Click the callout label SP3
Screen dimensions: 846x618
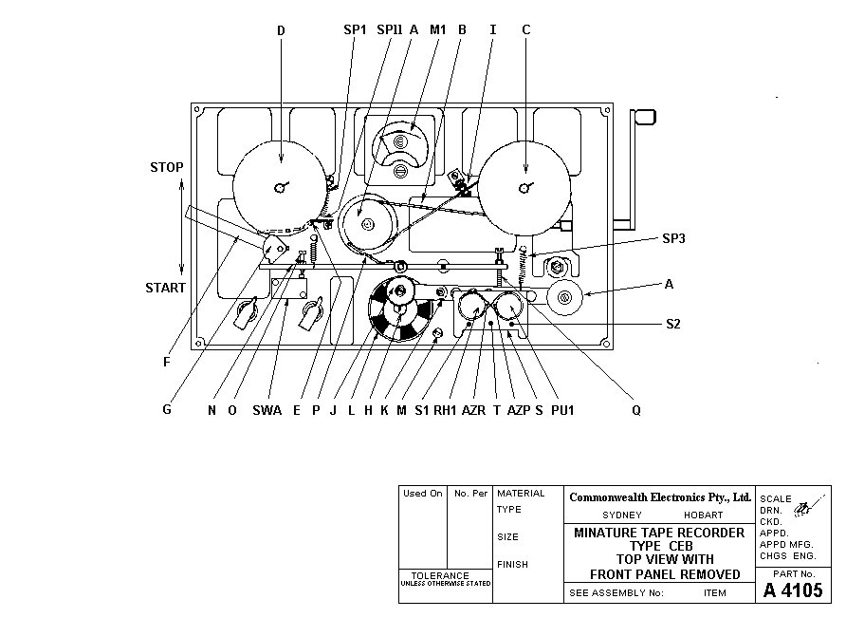tap(673, 238)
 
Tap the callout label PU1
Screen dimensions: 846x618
tap(562, 410)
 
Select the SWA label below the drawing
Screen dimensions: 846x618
tap(267, 410)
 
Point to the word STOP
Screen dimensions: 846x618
tap(167, 167)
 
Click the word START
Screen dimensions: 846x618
tap(165, 288)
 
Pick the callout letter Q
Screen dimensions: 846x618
tap(636, 410)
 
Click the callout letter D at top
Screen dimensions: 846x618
tap(281, 30)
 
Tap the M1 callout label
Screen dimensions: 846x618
tap(437, 29)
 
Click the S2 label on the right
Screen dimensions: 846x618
tap(672, 324)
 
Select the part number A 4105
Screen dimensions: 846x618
tap(793, 590)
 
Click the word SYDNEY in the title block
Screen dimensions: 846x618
tap(622, 515)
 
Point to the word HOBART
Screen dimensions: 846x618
tap(703, 515)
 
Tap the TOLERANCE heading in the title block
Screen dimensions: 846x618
tap(440, 576)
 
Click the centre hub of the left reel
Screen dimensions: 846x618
tap(280, 187)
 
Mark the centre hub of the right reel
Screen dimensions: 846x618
tap(524, 188)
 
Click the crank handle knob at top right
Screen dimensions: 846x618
tap(643, 117)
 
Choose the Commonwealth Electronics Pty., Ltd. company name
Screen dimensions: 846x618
tap(660, 497)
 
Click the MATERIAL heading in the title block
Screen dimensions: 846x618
tap(521, 494)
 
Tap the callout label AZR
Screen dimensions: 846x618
tap(473, 410)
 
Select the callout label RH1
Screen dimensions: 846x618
tap(445, 410)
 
